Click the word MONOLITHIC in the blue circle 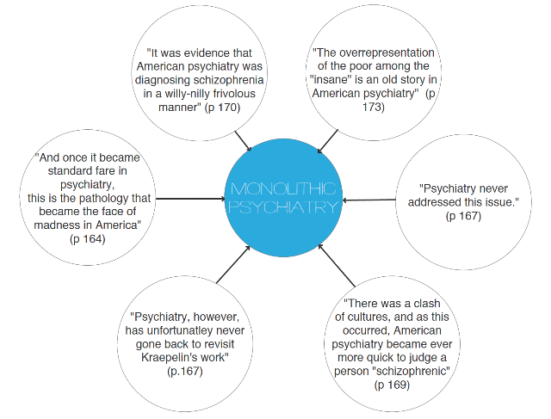pyautogui.click(x=283, y=189)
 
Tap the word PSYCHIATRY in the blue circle pyautogui.click(x=283, y=207)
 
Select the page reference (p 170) pyautogui.click(x=222, y=108)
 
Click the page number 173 pyautogui.click(x=374, y=107)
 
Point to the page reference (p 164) pyautogui.click(x=88, y=239)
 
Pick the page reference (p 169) pyautogui.click(x=392, y=385)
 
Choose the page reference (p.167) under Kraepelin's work pyautogui.click(x=185, y=371)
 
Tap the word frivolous pyautogui.click(x=233, y=94)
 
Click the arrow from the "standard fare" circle pyautogui.click(x=190, y=199)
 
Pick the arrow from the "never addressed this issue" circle pyautogui.click(x=369, y=200)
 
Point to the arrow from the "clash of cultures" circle pyautogui.click(x=337, y=266)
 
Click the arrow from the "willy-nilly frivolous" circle pyautogui.click(x=243, y=141)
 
